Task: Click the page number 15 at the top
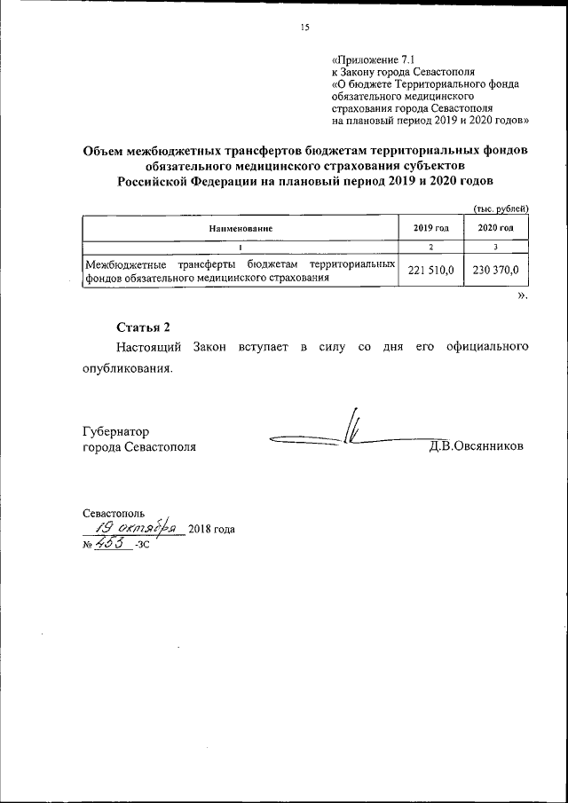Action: pos(304,28)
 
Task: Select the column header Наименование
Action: pos(241,228)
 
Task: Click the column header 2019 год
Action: pos(430,228)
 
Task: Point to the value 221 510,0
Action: pos(430,271)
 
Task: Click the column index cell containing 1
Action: pos(241,247)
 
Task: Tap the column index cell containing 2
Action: pos(430,247)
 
